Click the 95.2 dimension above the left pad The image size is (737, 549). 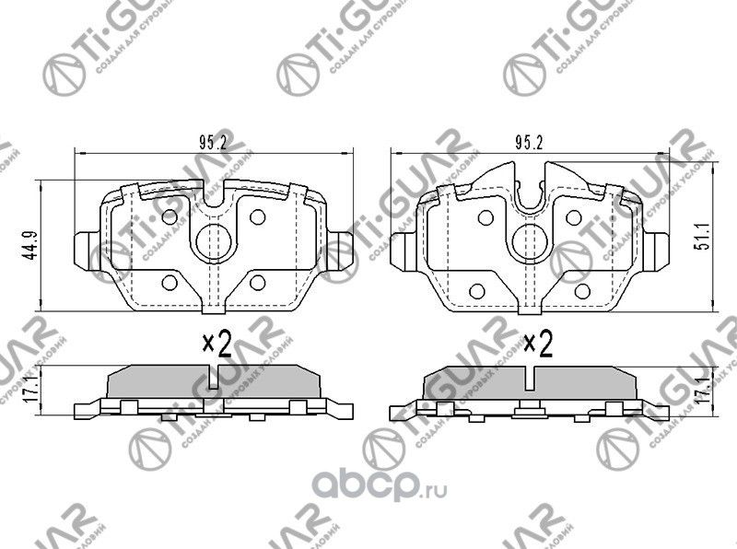[213, 143]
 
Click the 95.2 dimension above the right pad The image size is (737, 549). [527, 143]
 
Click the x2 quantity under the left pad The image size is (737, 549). [216, 345]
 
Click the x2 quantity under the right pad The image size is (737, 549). [536, 345]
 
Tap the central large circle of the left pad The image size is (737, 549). [214, 241]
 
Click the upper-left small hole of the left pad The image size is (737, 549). [170, 216]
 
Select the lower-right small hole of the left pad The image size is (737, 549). [258, 281]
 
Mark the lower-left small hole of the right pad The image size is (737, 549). [476, 290]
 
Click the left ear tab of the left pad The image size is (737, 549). [83, 247]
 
